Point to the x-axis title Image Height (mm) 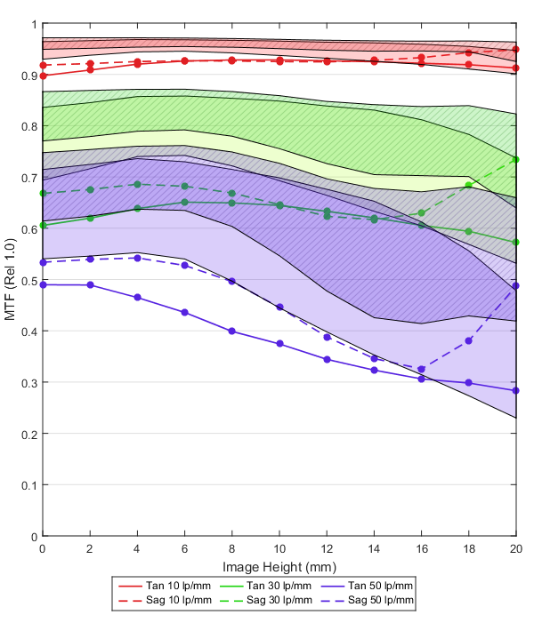click(279, 566)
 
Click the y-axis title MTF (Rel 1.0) click(11, 280)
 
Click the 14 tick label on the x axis click(374, 549)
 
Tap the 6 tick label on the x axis click(184, 549)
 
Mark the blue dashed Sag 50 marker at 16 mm click(421, 369)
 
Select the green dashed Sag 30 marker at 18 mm click(468, 186)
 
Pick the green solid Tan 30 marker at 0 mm click(43, 226)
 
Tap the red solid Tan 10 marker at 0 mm click(43, 76)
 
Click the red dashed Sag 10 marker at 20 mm click(515, 50)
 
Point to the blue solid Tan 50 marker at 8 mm click(231, 331)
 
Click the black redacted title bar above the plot click(279, 12)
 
